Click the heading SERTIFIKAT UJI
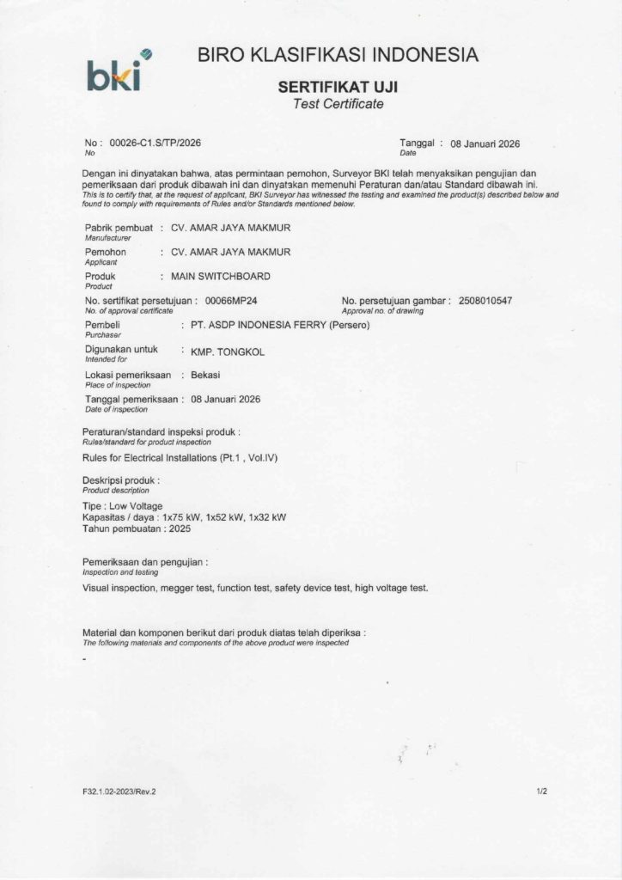[x=338, y=88]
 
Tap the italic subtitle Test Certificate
[x=338, y=104]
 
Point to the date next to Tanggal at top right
[x=485, y=144]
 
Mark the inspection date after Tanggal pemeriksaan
[x=225, y=400]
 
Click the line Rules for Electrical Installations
[x=180, y=458]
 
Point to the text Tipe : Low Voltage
[x=122, y=505]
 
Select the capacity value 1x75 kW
[x=180, y=517]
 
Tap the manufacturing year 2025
[x=180, y=529]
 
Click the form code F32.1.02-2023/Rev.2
[x=119, y=791]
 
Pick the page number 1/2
[x=541, y=791]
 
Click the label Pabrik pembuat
[x=118, y=228]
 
